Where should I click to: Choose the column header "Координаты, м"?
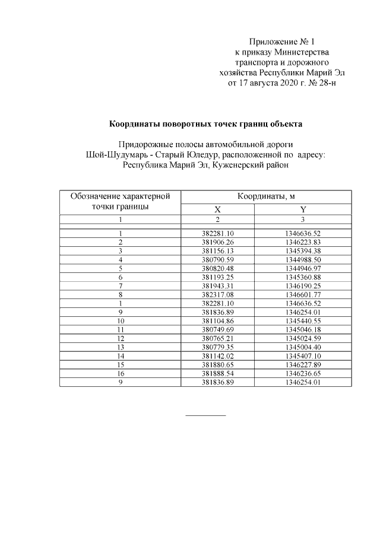pos(267,196)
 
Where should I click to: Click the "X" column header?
pos(217,209)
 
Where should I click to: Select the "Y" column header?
pos(303,209)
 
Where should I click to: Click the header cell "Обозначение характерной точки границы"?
pos(120,201)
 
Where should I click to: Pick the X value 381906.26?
pos(218,243)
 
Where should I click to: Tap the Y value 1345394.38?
pos(303,251)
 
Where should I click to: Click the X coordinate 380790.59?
pos(218,259)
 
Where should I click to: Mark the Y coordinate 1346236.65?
pos(303,374)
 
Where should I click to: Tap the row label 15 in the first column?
pos(120,366)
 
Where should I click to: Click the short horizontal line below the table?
pos(206,415)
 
